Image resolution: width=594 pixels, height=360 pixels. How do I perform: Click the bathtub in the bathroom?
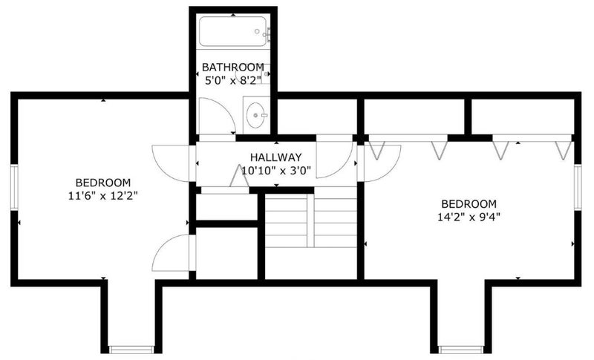(233, 31)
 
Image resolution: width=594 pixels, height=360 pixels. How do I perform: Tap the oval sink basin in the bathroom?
(256, 115)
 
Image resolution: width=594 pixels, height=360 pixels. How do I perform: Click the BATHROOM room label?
(233, 68)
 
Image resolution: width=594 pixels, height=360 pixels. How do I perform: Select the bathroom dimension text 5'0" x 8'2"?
(233, 81)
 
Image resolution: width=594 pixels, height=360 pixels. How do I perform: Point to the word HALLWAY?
(275, 157)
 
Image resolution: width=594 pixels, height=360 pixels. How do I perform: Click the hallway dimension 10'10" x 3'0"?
(276, 171)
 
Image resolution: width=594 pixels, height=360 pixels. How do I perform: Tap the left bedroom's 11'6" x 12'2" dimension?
(102, 196)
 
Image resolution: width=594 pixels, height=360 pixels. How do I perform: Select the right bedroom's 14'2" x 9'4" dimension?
(469, 217)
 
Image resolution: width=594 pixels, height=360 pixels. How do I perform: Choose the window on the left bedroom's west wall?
(14, 187)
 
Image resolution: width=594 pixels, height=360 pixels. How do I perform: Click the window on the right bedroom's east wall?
(578, 187)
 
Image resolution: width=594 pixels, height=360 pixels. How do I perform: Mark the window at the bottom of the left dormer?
(131, 350)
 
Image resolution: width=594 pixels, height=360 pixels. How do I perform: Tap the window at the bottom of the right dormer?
(461, 350)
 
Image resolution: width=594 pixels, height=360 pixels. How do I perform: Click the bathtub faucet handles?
(268, 34)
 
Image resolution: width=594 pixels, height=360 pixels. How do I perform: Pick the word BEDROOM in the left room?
(103, 183)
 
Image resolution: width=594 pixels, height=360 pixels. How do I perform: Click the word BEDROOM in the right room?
(469, 204)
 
